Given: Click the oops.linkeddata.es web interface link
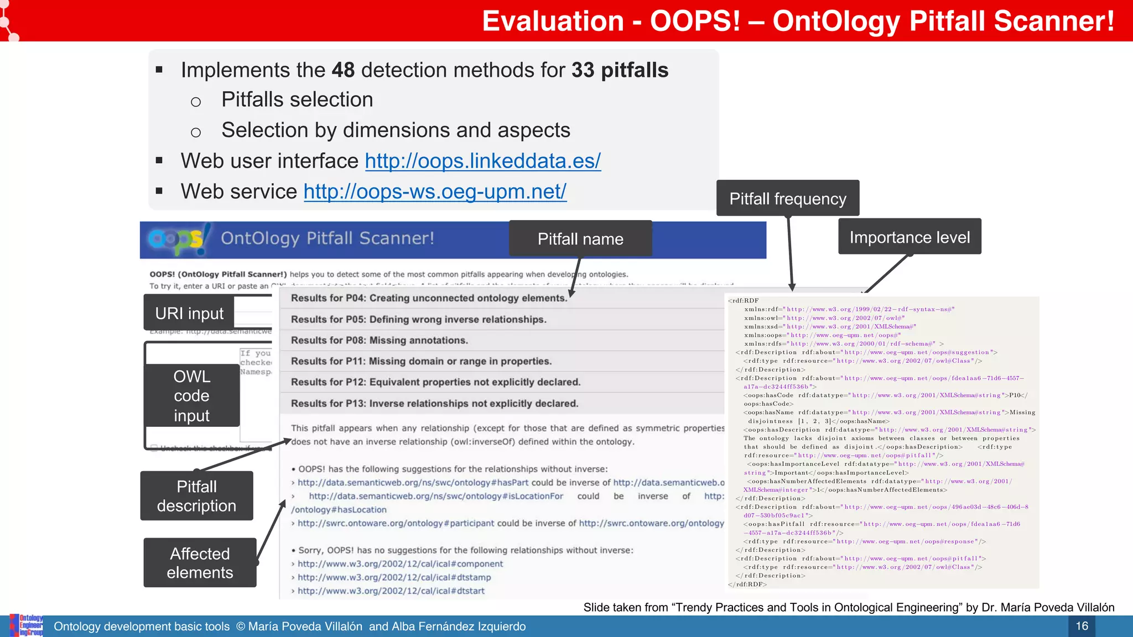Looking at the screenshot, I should click(x=482, y=161).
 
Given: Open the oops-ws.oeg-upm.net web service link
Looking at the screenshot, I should click(x=435, y=191).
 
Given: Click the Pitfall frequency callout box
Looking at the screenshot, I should click(x=787, y=199).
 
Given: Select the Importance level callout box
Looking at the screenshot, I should click(x=909, y=237).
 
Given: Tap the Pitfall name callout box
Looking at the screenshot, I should click(x=580, y=239).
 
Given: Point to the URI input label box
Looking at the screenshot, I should click(x=189, y=314).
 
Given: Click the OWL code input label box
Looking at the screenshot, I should click(x=191, y=395).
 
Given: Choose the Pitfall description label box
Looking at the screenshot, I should click(x=196, y=496).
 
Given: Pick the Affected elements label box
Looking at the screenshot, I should click(x=200, y=563).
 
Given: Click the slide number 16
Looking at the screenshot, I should click(x=1082, y=626).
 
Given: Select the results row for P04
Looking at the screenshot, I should click(x=429, y=299).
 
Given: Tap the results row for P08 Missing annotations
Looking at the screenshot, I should click(x=380, y=341).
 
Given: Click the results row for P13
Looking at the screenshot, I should click(x=434, y=404).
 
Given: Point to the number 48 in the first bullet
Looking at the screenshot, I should click(x=343, y=70).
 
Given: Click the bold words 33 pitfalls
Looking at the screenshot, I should click(x=620, y=70).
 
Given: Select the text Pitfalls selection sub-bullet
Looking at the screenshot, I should click(x=297, y=100).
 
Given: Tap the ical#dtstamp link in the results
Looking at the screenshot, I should click(x=394, y=577).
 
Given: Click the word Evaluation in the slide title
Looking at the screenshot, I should click(x=553, y=22).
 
